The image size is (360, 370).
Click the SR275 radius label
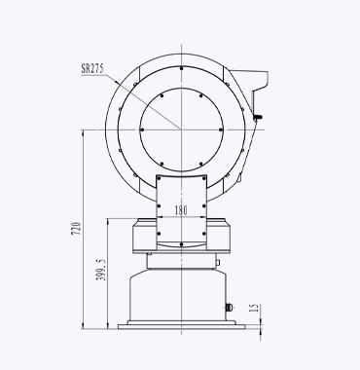92,69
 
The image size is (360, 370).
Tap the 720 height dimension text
76,229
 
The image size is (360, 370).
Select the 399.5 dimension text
100,270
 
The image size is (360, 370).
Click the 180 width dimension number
181,210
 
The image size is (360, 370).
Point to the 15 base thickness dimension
255,308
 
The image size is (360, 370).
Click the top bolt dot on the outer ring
181,68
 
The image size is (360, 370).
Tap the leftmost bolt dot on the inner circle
142,129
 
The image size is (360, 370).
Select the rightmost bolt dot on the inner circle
221,129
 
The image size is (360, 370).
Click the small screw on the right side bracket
258,117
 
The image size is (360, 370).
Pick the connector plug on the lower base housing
230,307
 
